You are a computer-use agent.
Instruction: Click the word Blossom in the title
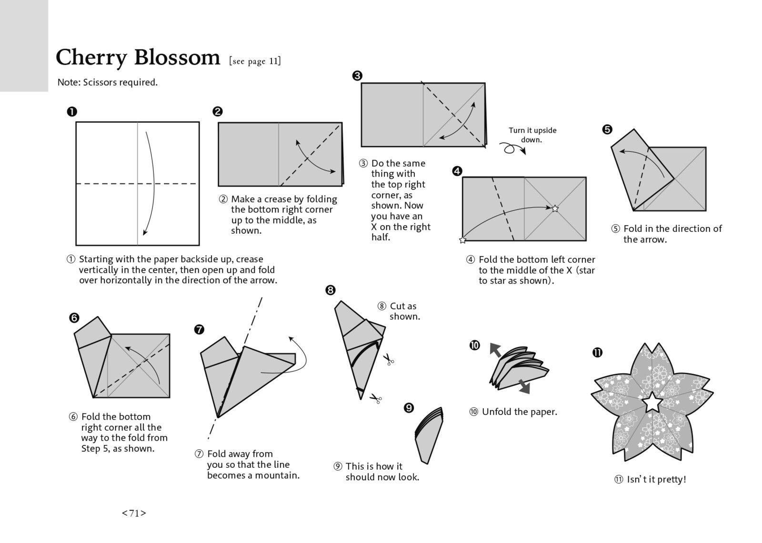tap(177, 58)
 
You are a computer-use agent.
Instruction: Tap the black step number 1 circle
tap(72, 112)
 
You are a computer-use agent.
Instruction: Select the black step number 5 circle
tap(607, 129)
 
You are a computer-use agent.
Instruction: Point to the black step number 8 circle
tap(331, 290)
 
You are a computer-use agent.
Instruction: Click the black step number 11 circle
tap(597, 353)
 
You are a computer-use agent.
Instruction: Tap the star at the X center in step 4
tap(555, 208)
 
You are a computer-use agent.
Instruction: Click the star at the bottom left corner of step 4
tap(462, 240)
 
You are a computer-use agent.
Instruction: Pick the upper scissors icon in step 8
tap(389, 359)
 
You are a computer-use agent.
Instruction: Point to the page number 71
tap(134, 513)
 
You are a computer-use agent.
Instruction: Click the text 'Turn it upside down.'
tap(532, 135)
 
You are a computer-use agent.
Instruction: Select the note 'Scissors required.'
tap(108, 82)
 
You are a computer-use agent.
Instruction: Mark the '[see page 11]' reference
tap(255, 61)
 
